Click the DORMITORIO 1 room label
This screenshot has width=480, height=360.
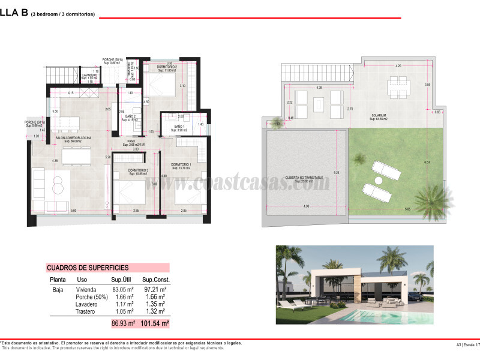tap(181, 164)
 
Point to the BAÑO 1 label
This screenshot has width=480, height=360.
tap(179, 127)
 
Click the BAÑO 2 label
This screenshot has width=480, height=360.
tap(130, 116)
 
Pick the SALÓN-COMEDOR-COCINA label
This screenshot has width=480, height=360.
tap(73, 137)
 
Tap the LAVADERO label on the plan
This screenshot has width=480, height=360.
tap(89, 74)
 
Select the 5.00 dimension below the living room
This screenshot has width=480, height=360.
tap(73, 211)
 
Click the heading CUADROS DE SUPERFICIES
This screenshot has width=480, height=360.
tap(90, 268)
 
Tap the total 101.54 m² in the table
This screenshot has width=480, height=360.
tap(155, 323)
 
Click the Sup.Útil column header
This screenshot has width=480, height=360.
tap(121, 280)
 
